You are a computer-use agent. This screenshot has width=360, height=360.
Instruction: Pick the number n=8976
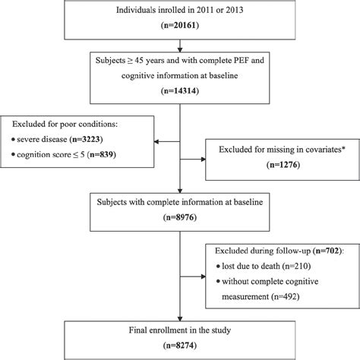click(180, 219)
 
